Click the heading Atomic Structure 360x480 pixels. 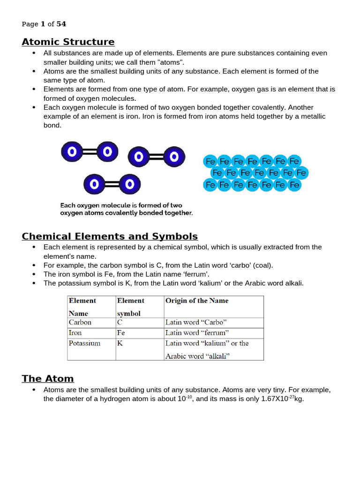tap(68, 42)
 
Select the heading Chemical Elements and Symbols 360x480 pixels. tap(110, 236)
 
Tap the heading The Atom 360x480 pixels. tap(48, 378)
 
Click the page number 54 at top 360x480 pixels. tap(61, 24)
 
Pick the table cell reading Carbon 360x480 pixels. tap(80, 322)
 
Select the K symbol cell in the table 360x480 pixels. tap(120, 343)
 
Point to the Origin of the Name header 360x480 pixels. tap(197, 301)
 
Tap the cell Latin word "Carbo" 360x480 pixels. tap(196, 322)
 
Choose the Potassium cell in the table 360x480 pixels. tap(84, 343)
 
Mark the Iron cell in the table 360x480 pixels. tap(75, 333)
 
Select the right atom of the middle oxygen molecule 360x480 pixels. tap(174, 157)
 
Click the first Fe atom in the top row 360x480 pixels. tap(210, 162)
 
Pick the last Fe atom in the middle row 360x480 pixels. tap(301, 173)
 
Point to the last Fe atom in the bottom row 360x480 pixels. tap(294, 185)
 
